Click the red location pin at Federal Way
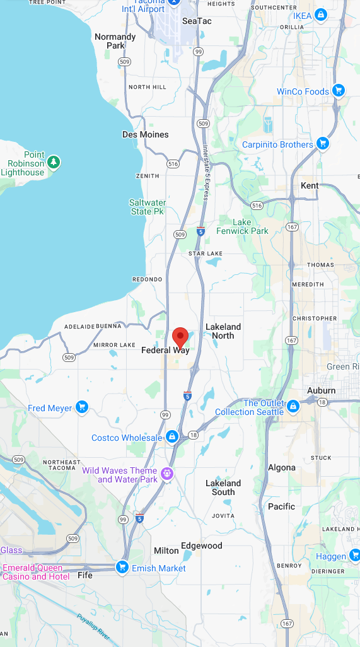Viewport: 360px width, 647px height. click(180, 337)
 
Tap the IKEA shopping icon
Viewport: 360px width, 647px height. click(321, 15)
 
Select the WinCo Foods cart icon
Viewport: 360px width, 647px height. click(339, 91)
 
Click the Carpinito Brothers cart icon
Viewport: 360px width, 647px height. click(323, 144)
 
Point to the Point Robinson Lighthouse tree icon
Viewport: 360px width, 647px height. click(54, 163)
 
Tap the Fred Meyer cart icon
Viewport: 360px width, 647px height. click(82, 407)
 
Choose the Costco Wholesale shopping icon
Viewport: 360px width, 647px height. click(171, 437)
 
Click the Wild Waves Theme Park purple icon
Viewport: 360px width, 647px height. click(167, 474)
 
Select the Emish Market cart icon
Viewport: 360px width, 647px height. click(122, 568)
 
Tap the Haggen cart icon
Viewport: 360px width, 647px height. click(355, 556)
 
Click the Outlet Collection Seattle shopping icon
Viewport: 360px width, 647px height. click(293, 406)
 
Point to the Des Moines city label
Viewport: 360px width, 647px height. click(145, 134)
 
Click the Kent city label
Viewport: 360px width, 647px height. click(310, 185)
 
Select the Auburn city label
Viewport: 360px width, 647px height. click(321, 390)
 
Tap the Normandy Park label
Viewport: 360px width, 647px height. click(115, 41)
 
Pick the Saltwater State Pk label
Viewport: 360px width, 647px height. click(148, 207)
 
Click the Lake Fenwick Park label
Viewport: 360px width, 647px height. click(242, 226)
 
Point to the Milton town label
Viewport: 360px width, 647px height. click(166, 551)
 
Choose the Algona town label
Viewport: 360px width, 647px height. click(281, 467)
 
